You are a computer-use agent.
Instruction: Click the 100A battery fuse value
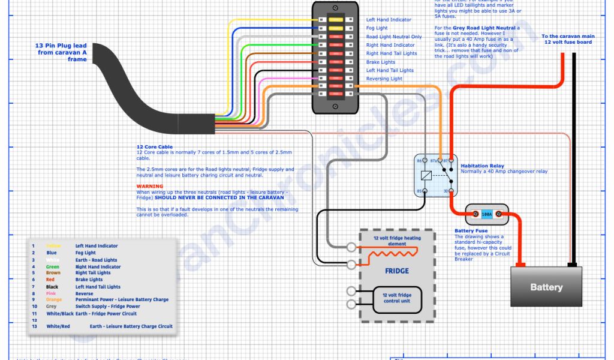coord(486,214)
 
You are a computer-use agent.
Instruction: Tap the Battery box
coord(546,287)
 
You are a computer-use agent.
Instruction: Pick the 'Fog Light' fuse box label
coord(377,28)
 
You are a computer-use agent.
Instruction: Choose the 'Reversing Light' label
coord(384,79)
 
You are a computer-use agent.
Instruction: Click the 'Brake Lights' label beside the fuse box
coord(381,62)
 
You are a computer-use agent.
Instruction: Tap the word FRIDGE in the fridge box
coord(396,271)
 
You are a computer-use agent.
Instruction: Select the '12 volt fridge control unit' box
coord(396,298)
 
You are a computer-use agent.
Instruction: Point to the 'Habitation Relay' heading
coord(482,166)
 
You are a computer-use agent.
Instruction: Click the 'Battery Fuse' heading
coord(471,230)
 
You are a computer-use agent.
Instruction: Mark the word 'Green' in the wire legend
coord(53,266)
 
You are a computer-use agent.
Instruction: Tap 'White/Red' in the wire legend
coord(58,326)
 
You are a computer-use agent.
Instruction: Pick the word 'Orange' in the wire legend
coord(54,299)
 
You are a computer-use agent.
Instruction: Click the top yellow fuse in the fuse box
coord(336,20)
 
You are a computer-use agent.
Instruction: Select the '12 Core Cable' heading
coord(154,147)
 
